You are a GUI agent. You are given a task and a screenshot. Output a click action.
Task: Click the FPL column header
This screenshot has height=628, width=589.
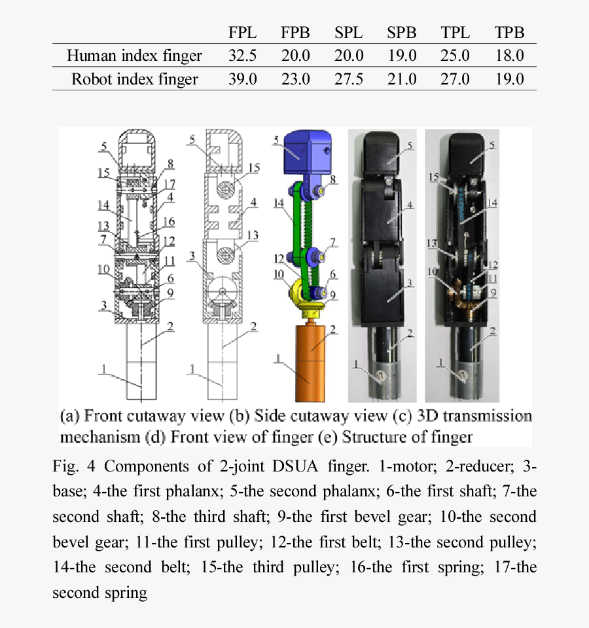242,33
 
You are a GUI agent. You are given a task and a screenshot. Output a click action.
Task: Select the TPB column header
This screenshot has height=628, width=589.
510,33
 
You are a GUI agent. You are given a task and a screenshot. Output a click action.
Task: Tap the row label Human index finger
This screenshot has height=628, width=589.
134,56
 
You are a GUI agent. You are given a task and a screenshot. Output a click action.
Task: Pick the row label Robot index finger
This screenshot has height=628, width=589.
134,79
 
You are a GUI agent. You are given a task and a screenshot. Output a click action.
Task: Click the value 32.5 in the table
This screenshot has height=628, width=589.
242,56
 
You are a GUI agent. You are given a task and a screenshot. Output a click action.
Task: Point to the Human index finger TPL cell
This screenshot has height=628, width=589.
455,56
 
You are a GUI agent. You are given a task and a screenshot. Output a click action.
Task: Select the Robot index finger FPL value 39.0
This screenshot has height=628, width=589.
242,79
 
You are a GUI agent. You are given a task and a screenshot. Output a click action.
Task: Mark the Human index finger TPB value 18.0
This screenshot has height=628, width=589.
510,56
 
